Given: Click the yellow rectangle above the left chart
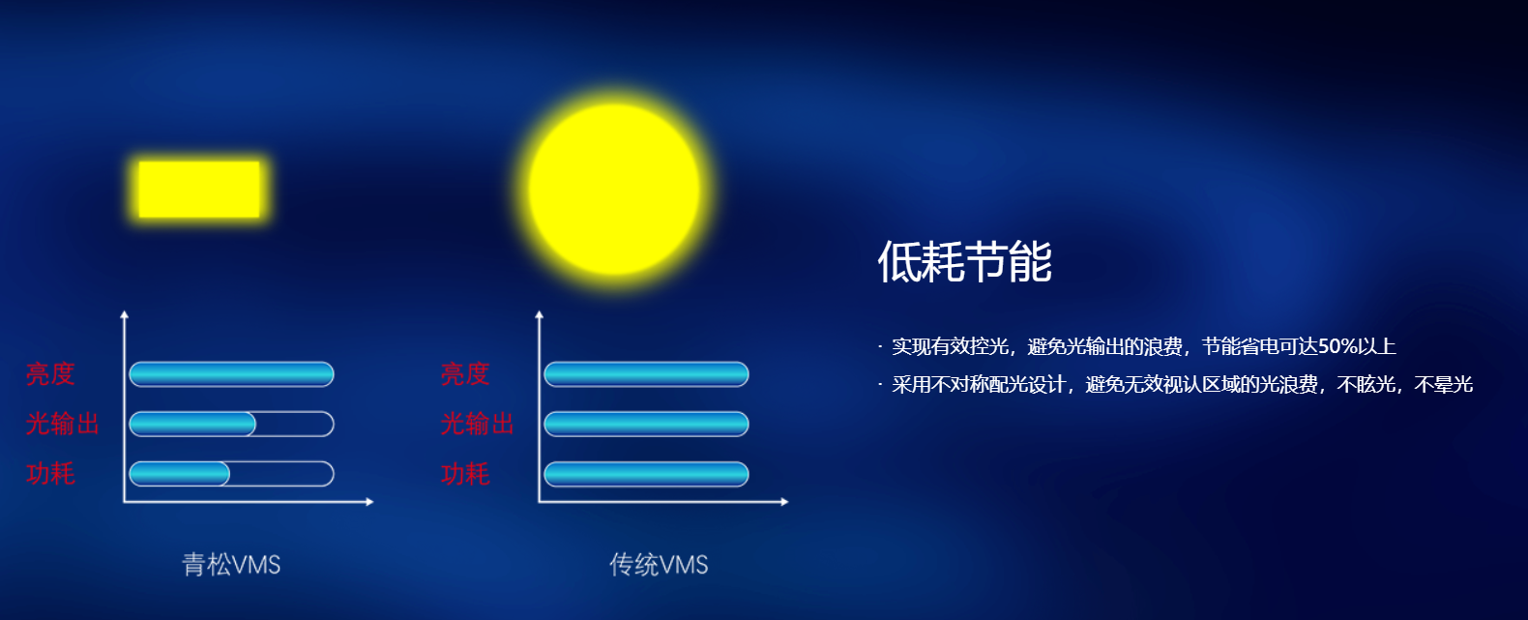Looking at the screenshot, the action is pyautogui.click(x=199, y=190).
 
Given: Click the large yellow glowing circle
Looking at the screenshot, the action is pyautogui.click(x=615, y=190).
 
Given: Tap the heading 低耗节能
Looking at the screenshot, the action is pyautogui.click(x=964, y=261).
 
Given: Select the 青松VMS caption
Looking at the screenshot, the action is pyautogui.click(x=231, y=565).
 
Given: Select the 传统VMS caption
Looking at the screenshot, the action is pyautogui.click(x=659, y=565).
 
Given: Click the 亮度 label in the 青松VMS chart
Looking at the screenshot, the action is pyautogui.click(x=50, y=373).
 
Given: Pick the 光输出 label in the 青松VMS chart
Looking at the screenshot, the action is pyautogui.click(x=63, y=424).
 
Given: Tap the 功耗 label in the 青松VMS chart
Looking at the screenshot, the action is pyautogui.click(x=50, y=473).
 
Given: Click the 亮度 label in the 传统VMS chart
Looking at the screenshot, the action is pyautogui.click(x=465, y=373).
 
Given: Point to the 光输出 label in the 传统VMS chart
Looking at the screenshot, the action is pyautogui.click(x=478, y=424).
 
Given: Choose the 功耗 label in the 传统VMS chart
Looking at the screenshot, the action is pyautogui.click(x=465, y=473).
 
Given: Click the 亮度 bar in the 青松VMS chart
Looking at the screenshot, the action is pyautogui.click(x=231, y=374).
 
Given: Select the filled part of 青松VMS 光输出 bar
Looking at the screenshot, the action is pyautogui.click(x=192, y=425).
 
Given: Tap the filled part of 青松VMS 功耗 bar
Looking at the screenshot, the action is pyautogui.click(x=180, y=474).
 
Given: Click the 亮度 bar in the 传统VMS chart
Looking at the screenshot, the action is pyautogui.click(x=646, y=374).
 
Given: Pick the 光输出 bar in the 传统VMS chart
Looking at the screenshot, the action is pyautogui.click(x=646, y=425).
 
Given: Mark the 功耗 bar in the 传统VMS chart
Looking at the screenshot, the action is pyautogui.click(x=646, y=474).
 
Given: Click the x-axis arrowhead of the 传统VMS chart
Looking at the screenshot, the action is pyautogui.click(x=784, y=502).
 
